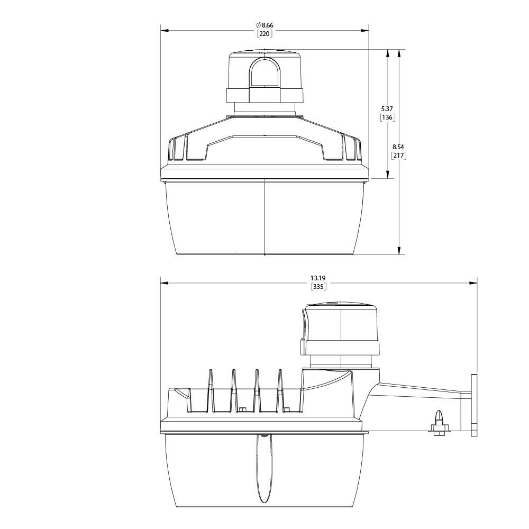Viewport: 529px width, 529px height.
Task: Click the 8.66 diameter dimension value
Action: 268,25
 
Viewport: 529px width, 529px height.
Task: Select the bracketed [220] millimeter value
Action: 264,33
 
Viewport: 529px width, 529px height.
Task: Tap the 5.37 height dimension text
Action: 387,108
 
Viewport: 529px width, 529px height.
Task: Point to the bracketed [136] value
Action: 387,117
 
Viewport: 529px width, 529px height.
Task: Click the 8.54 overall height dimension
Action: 398,147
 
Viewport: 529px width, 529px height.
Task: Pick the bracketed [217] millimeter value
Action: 398,156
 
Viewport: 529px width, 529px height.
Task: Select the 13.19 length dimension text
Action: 318,278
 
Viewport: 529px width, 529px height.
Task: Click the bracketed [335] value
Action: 318,287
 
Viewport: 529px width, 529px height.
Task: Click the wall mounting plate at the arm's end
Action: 474,406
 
